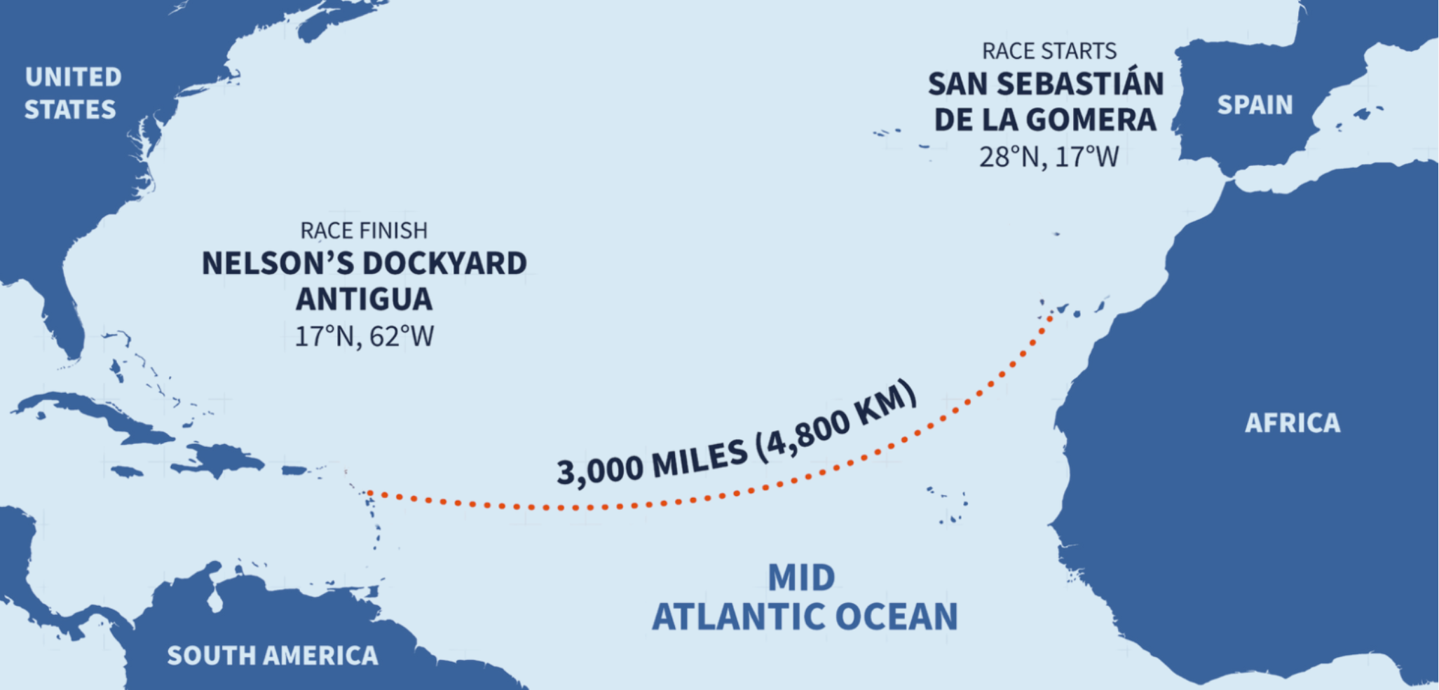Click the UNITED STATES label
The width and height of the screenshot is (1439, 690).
point(72,93)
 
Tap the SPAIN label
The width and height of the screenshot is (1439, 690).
point(1255,105)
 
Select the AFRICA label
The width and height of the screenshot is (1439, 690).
point(1292,423)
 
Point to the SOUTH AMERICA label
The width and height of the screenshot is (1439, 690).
point(273,656)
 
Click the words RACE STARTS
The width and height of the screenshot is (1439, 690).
point(1049,51)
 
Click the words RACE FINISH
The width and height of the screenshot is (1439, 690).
point(364,230)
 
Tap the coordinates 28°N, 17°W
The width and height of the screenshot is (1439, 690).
point(1049,157)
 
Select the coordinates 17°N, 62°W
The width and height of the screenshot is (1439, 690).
point(364,337)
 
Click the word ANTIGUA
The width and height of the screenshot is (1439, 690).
point(364,300)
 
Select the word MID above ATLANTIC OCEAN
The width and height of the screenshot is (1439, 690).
point(801,579)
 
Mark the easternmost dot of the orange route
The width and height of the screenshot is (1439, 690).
point(1050,318)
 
